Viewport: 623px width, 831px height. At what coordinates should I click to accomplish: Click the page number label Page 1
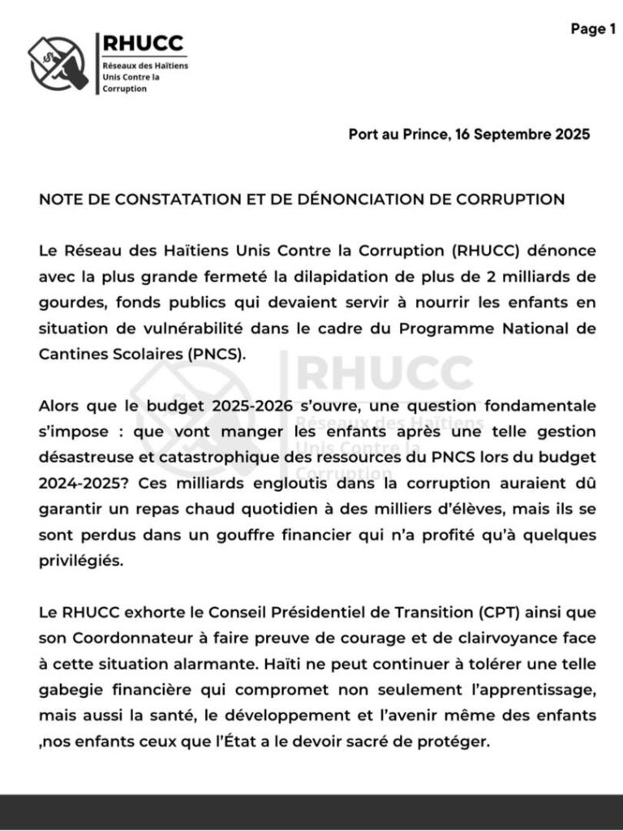coord(587,30)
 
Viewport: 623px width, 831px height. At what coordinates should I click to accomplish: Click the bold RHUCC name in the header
coord(142,44)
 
